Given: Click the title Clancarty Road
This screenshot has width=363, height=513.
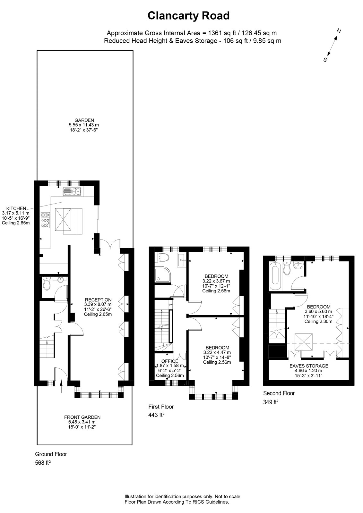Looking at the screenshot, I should (x=188, y=16).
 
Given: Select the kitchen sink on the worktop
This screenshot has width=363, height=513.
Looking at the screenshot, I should (x=72, y=191).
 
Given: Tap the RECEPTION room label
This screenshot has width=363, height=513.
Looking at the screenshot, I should (x=98, y=300).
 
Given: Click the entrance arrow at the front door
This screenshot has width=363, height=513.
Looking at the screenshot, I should (x=62, y=386).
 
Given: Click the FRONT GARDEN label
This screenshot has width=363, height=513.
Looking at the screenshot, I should (x=82, y=417).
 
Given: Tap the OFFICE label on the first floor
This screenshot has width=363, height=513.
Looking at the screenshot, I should (x=170, y=361).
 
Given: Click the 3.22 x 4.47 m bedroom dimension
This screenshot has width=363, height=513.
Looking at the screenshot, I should (x=217, y=352).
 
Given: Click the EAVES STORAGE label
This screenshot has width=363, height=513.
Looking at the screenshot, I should (x=309, y=366).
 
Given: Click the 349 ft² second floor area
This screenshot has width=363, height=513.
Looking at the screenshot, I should (x=271, y=403).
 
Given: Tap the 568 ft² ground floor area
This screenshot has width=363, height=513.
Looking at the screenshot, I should (x=43, y=463).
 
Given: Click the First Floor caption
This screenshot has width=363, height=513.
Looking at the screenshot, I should (x=161, y=407).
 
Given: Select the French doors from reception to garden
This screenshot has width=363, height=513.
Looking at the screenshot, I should (x=110, y=244).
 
